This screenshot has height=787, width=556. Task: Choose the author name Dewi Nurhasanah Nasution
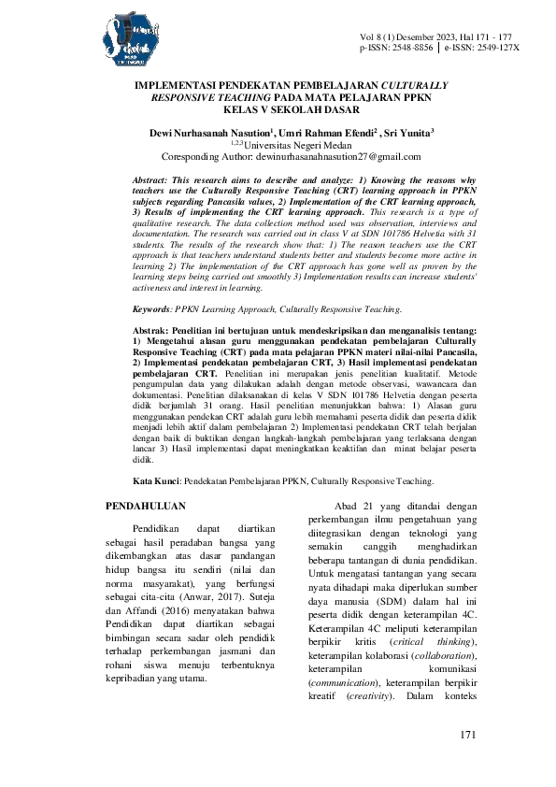pyautogui.click(x=207, y=135)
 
